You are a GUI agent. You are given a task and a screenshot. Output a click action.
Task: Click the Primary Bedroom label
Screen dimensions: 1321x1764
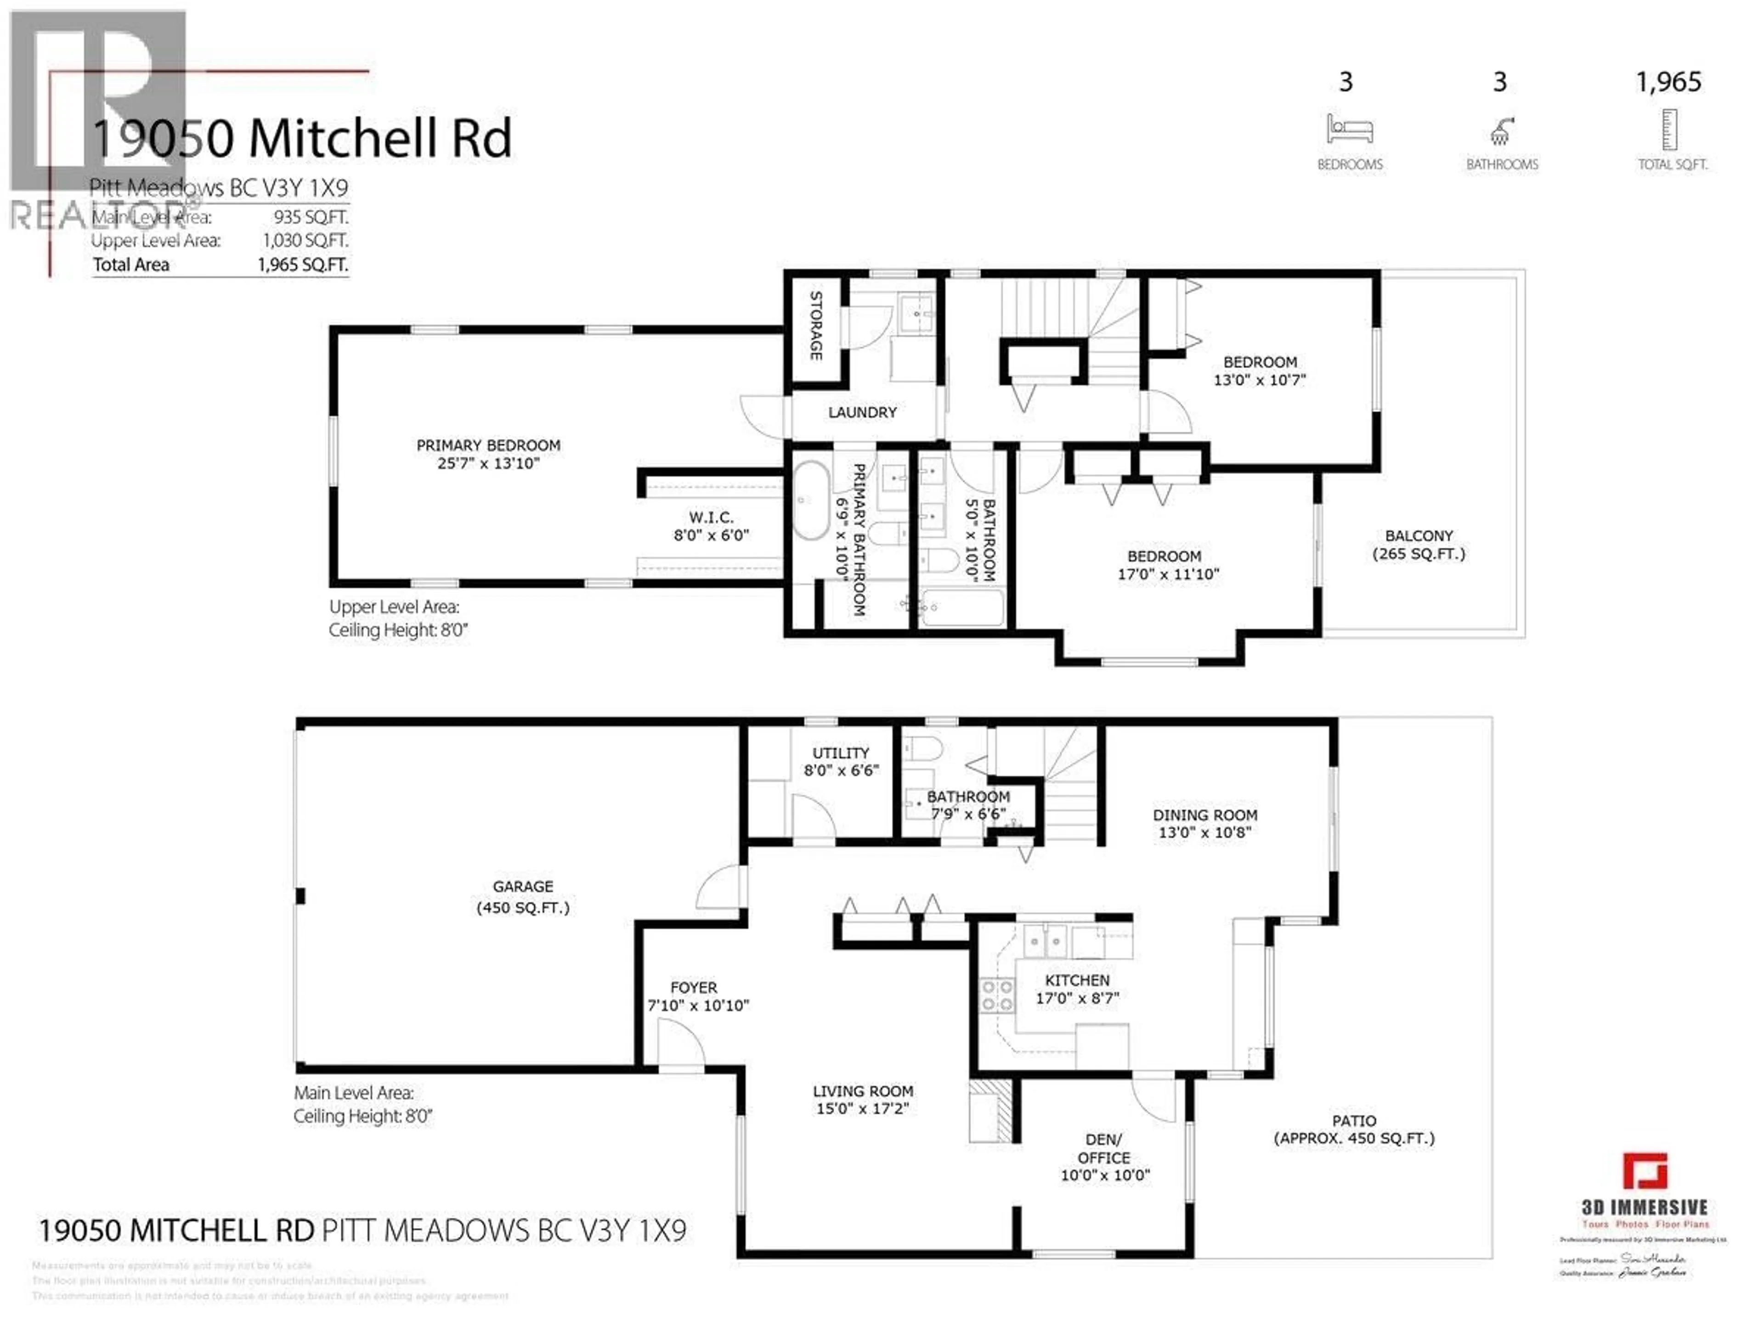488,445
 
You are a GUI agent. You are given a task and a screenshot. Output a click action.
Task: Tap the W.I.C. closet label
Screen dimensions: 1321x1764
711,517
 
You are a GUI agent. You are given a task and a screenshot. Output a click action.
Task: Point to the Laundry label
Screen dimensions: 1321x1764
862,412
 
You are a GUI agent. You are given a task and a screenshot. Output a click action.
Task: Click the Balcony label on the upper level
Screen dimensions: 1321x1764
1418,536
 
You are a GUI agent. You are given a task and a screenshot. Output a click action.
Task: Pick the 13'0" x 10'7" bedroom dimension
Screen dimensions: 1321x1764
1259,380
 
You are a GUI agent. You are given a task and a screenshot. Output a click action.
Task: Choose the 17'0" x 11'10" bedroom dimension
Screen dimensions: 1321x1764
1167,574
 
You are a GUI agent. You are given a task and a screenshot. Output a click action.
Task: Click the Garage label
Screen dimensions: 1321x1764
522,887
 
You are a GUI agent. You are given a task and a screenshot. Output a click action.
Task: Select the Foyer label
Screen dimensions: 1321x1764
693,987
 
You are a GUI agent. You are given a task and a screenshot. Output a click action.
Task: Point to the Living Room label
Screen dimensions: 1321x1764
863,1091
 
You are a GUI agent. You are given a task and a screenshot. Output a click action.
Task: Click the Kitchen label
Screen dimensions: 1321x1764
1077,980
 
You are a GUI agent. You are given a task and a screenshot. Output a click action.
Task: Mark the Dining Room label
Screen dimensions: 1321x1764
1204,815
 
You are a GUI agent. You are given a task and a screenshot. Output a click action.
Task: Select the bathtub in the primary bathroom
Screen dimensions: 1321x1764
810,500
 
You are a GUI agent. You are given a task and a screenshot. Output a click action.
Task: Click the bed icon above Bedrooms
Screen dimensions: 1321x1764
1349,129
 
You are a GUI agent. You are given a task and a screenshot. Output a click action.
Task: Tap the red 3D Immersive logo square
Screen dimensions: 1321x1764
1645,1170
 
